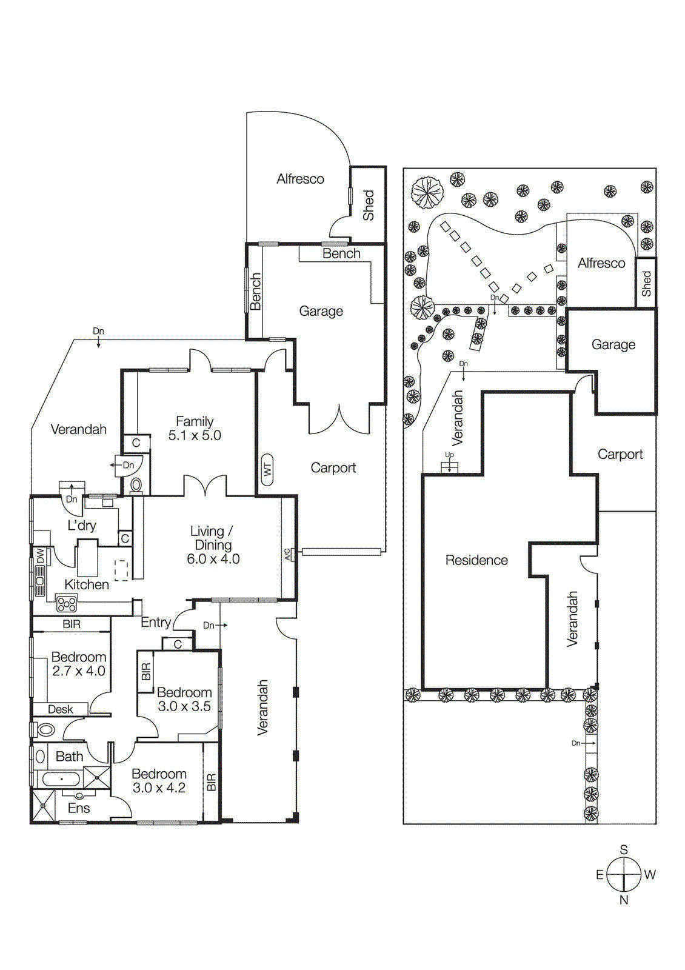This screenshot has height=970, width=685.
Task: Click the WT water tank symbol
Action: pos(267,469)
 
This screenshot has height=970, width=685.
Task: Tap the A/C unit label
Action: pos(287,554)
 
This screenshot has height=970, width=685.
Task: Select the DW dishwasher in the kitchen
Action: pos(39,556)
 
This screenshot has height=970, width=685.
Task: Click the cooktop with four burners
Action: pos(67,603)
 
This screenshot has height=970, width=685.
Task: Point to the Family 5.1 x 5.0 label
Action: pos(195,428)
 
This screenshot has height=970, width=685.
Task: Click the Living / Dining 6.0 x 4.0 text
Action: pos(213,545)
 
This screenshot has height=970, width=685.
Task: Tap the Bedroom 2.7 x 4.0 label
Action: pos(79,664)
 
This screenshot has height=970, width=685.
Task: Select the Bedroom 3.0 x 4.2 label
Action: pos(159,781)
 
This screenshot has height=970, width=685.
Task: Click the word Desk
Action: pos(60,709)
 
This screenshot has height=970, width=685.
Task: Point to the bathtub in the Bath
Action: pos(61,778)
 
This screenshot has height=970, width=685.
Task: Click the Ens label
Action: pos(79,808)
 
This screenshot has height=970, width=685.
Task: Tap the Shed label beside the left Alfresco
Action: pos(369,205)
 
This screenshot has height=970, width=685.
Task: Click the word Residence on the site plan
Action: pos(476,560)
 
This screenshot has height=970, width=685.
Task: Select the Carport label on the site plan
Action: pos(620,454)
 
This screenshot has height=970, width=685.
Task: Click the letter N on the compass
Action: pos(624,900)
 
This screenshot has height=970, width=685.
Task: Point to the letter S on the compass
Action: pos(624,850)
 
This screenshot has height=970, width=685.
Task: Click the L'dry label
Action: pos(82,525)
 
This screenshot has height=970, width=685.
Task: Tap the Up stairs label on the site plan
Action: pos(449,455)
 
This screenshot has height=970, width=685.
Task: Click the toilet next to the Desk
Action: pos(45,729)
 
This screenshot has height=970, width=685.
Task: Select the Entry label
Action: pos(155,622)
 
